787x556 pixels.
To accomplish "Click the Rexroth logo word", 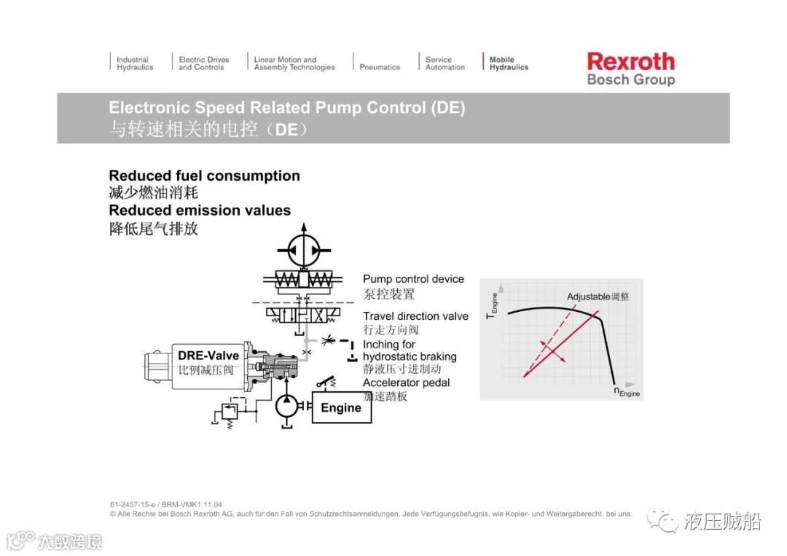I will pyautogui.click(x=630, y=61).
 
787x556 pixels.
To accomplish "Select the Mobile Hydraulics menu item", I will pyautogui.click(x=508, y=63).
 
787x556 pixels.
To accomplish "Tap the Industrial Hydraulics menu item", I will pyautogui.click(x=135, y=63).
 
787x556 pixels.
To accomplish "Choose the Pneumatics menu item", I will pyautogui.click(x=380, y=67).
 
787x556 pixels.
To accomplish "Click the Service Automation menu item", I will pyautogui.click(x=445, y=63).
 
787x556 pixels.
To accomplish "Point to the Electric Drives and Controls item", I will pyautogui.click(x=203, y=63).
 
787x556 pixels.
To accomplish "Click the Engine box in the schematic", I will pyautogui.click(x=341, y=408).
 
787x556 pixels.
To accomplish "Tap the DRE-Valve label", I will pyautogui.click(x=208, y=356).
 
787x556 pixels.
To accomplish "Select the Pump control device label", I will pyautogui.click(x=413, y=279).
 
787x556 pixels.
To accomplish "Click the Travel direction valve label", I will pyautogui.click(x=415, y=316).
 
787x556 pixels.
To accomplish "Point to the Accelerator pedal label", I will pyautogui.click(x=406, y=383).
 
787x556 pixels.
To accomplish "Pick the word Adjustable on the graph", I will pyautogui.click(x=588, y=297).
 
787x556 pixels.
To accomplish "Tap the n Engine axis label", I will pyautogui.click(x=626, y=392).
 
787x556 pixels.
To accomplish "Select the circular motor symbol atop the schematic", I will pyautogui.click(x=303, y=250).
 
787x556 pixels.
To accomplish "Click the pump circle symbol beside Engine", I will pyautogui.click(x=289, y=405).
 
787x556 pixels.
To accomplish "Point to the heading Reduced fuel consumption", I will pyautogui.click(x=204, y=176).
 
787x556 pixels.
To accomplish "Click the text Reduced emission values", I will pyautogui.click(x=200, y=211).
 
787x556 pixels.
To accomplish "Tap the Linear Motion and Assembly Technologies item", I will pyautogui.click(x=294, y=63).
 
